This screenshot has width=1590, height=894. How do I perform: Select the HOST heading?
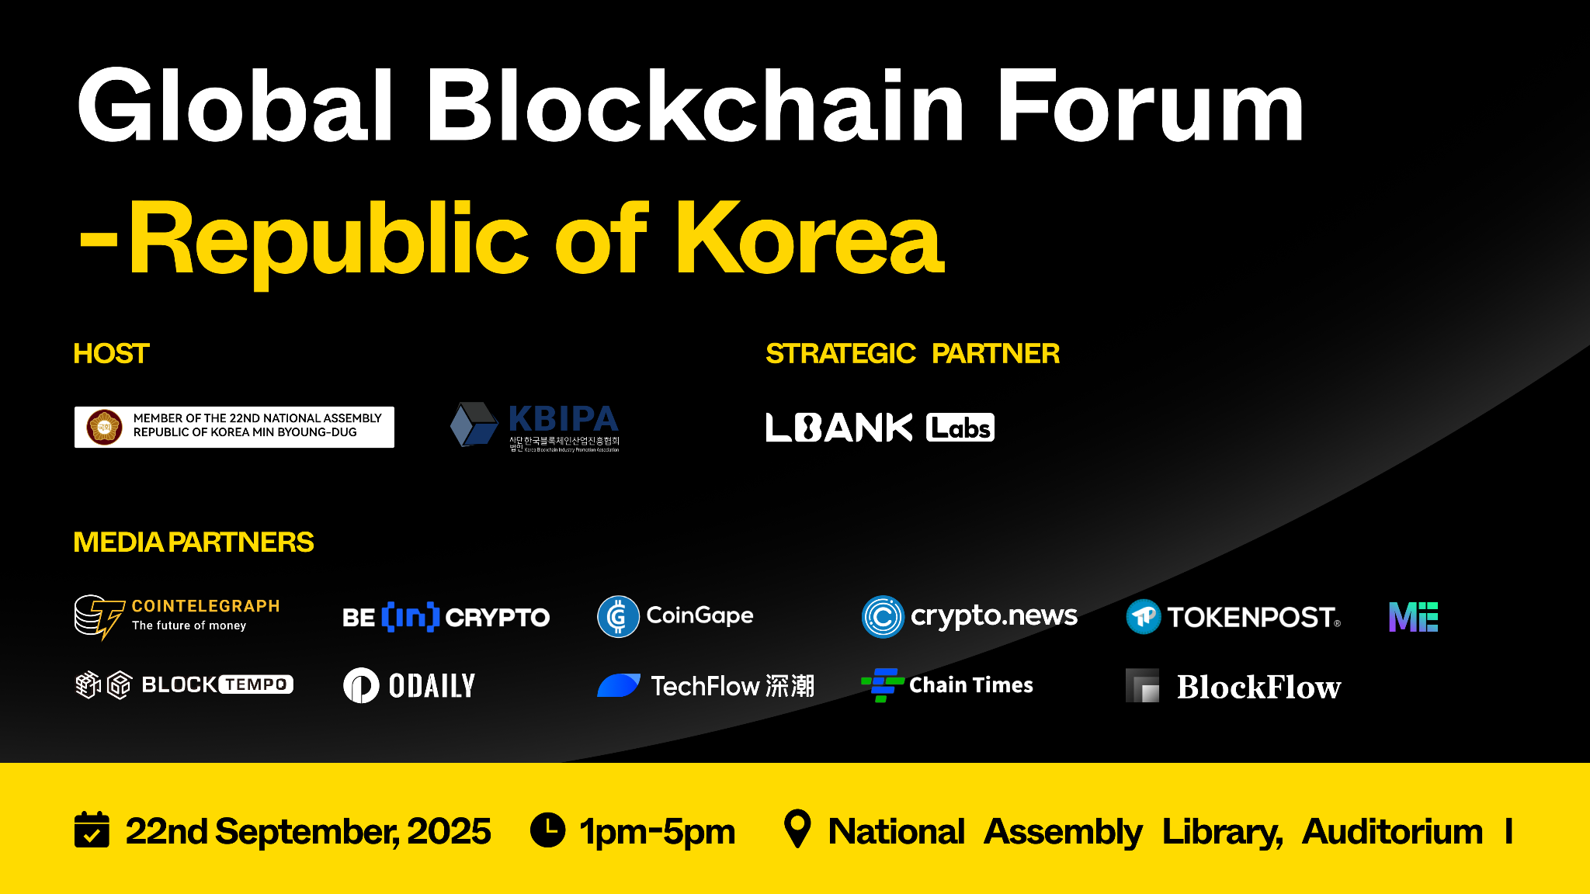111,354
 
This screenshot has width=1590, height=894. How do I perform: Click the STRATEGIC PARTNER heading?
912,354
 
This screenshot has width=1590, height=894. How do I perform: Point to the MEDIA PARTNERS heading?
193,542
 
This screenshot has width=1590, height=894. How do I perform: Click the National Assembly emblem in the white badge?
105,427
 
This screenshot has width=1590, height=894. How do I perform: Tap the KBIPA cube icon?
474,424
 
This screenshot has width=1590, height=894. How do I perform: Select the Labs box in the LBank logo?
960,428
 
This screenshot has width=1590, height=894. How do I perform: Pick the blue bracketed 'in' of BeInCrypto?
411,617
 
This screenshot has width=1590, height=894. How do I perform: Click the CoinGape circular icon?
618,617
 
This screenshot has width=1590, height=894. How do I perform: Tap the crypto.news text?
994,616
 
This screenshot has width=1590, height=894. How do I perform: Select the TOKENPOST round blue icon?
1144,617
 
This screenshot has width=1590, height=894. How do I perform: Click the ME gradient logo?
1413,617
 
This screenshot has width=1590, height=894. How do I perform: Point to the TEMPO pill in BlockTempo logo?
256,684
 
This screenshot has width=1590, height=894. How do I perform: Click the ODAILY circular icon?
361,685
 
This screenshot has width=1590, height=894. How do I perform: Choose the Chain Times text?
970,685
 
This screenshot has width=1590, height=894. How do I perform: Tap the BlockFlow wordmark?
1258,687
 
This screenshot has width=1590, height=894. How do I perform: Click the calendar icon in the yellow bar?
92,830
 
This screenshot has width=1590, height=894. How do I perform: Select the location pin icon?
797,829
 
